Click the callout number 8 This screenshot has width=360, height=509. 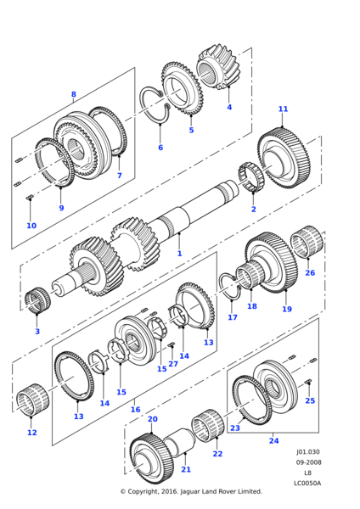[x=74, y=94]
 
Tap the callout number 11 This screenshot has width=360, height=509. [x=283, y=109]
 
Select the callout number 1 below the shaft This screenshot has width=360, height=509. [x=180, y=253]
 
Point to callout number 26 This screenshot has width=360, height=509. [x=310, y=272]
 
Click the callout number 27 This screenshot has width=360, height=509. [x=173, y=364]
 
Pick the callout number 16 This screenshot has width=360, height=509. [x=135, y=410]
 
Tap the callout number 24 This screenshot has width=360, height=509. [x=274, y=440]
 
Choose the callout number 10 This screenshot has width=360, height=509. [x=31, y=226]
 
